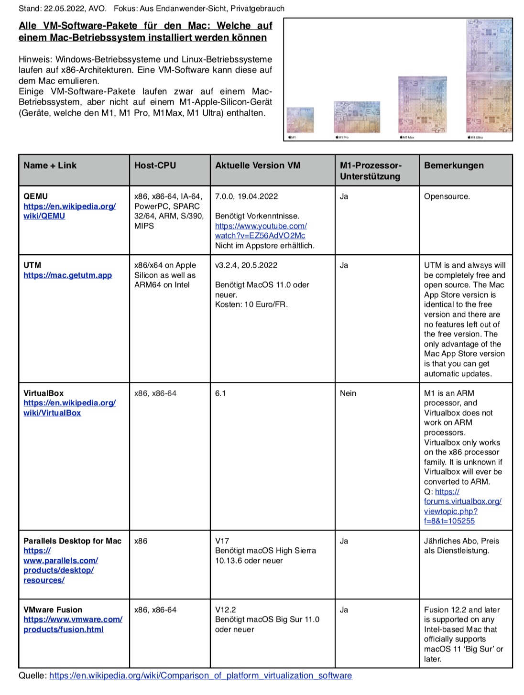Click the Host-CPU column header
(155, 165)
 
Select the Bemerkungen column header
(453, 165)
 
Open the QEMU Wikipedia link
(69, 211)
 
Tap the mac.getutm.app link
(67, 275)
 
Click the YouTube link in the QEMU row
(261, 230)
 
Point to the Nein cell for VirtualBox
(348, 393)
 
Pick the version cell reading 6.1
(220, 393)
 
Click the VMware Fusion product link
(73, 624)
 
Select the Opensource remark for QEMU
(447, 196)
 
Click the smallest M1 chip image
(300, 119)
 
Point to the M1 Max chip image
(422, 104)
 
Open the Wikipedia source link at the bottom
(200, 675)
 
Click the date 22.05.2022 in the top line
(62, 8)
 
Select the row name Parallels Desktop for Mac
(72, 541)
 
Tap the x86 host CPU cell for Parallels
(141, 541)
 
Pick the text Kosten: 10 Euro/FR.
(251, 304)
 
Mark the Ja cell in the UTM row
(344, 265)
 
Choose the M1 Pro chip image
(357, 117)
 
